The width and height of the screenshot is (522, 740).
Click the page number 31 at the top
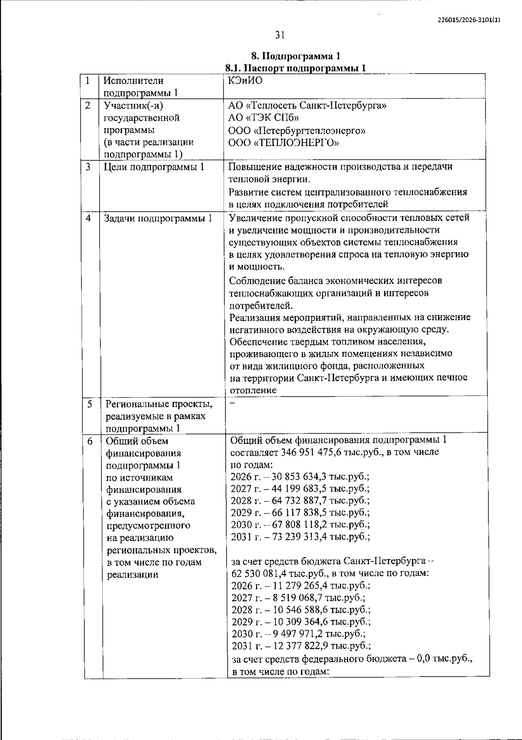tap(280, 34)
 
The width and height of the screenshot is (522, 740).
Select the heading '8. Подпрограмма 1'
tap(296, 57)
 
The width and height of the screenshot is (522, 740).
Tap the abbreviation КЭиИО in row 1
tap(245, 81)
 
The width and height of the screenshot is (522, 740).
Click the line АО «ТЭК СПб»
tap(263, 118)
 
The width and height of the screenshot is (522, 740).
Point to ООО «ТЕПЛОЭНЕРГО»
tap(284, 142)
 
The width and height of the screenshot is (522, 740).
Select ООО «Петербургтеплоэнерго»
tap(297, 130)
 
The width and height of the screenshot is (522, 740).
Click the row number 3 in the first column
tap(88, 167)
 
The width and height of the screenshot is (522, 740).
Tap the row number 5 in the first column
tap(90, 404)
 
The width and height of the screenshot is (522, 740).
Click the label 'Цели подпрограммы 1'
tap(154, 167)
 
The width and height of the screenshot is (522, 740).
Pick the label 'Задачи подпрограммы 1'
tap(157, 218)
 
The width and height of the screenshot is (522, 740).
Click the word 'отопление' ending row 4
tap(253, 390)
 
